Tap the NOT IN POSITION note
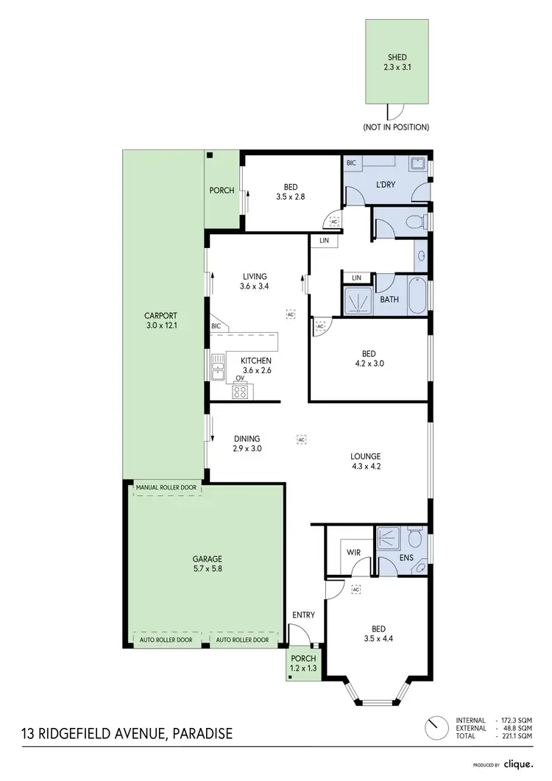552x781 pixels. coord(395,127)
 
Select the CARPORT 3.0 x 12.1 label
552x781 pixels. coord(163,322)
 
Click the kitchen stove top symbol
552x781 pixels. coord(240,392)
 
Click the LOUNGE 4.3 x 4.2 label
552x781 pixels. coord(365,460)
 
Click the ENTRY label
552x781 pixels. coord(303,615)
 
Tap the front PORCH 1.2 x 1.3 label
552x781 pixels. coord(303,662)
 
